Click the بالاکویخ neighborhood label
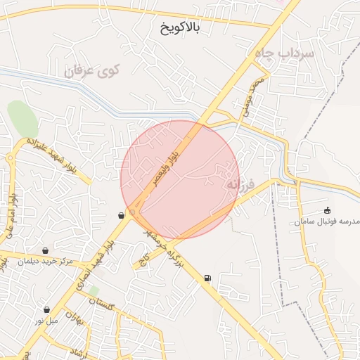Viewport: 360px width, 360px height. tap(176, 27)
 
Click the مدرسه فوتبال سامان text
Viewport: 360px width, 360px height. tap(327, 221)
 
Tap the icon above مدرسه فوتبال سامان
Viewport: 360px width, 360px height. tap(327, 210)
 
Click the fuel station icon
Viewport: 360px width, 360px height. tap(207, 278)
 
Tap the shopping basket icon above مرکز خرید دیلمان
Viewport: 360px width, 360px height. tap(46, 250)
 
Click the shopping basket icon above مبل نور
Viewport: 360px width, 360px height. tap(47, 309)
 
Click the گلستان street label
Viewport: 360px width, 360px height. tap(102, 304)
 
